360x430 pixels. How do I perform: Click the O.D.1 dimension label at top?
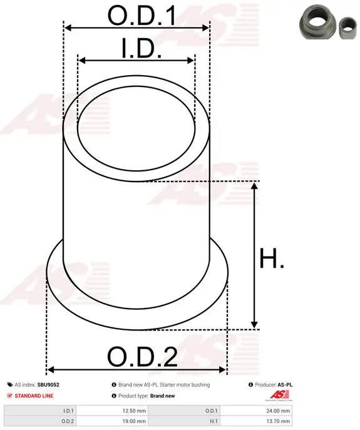[x=141, y=16]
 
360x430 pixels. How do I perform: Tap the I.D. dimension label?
[x=141, y=49]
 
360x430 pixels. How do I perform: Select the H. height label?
[x=271, y=258]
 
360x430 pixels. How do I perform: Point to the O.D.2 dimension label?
[x=142, y=357]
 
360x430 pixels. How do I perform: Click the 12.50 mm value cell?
[x=134, y=411]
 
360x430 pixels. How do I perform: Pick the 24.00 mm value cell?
[x=278, y=411]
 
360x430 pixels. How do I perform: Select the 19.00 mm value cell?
[x=134, y=421]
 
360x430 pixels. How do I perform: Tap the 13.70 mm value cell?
[x=278, y=421]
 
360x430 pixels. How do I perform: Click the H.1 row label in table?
[x=213, y=421]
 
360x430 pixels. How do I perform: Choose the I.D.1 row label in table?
[x=68, y=411]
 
